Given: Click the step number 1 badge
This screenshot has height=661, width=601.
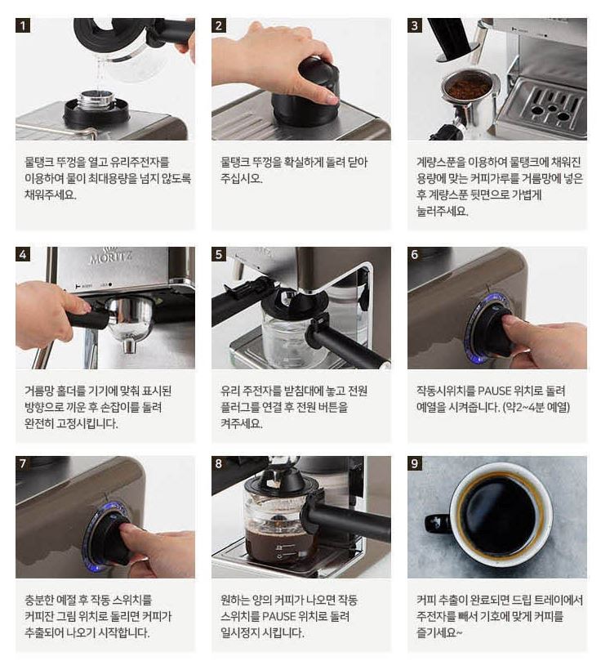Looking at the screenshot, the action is pyautogui.click(x=23, y=25).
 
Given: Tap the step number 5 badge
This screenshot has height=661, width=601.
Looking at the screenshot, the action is pyautogui.click(x=219, y=254).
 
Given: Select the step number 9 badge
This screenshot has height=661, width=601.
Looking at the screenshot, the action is pyautogui.click(x=415, y=463).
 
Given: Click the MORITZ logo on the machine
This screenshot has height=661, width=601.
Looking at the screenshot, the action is pyautogui.click(x=111, y=256).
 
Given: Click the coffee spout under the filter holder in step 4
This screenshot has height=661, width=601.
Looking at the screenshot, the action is pyautogui.click(x=129, y=346).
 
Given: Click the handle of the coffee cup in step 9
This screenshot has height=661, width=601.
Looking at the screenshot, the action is pyautogui.click(x=438, y=524).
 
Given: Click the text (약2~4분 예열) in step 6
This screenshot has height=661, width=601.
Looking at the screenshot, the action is pyautogui.click(x=536, y=407).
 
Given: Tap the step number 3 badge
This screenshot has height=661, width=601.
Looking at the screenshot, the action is pyautogui.click(x=415, y=25).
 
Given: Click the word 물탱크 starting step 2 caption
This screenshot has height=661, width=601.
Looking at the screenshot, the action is pyautogui.click(x=235, y=163).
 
